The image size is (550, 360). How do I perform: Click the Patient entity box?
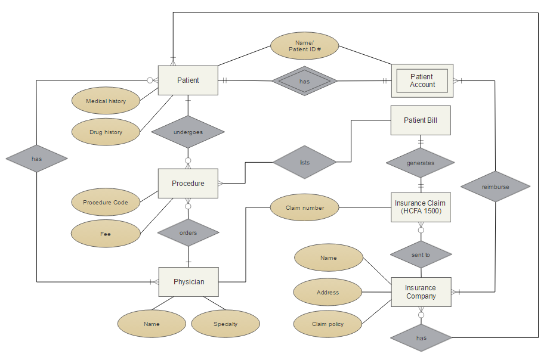(188, 80)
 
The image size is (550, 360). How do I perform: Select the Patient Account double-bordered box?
(422, 80)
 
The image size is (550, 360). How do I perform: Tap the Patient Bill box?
(420, 120)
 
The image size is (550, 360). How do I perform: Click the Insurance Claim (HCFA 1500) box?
(420, 207)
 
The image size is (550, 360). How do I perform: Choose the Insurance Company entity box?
(420, 292)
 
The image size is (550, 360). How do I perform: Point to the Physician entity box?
(189, 282)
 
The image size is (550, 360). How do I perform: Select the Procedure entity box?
(188, 184)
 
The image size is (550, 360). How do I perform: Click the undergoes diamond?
(188, 132)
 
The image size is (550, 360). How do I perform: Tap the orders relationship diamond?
(188, 232)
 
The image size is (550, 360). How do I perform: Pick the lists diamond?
(305, 162)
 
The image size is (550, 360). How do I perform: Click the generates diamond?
(420, 163)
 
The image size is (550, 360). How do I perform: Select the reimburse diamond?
(496, 187)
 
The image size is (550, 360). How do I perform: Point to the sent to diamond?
(420, 255)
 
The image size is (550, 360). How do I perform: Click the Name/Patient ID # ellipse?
(305, 46)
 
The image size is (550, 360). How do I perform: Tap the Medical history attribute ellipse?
(106, 101)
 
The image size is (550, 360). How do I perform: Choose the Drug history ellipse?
(106, 132)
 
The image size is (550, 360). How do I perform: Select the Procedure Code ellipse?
(106, 203)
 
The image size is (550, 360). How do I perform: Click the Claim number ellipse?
(305, 208)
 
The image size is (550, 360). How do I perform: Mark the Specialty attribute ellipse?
(225, 324)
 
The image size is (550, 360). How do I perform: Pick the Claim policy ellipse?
(328, 324)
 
